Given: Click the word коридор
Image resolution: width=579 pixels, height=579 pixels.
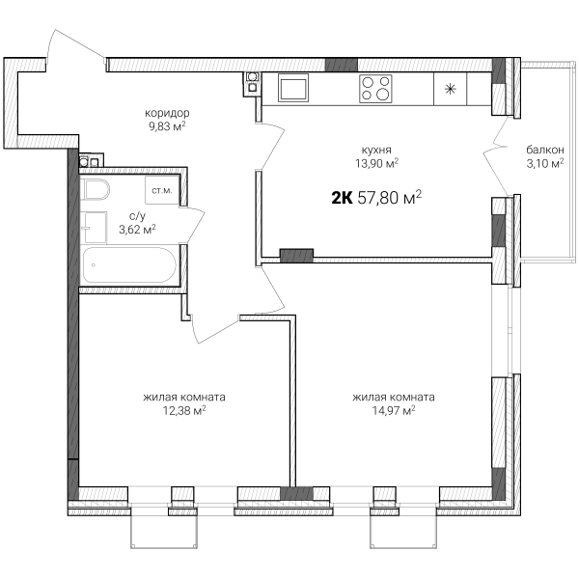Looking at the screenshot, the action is [167, 113].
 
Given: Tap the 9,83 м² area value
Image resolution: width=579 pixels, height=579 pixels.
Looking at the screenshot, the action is [167, 126].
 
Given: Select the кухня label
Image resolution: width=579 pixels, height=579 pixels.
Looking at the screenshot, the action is [376, 150].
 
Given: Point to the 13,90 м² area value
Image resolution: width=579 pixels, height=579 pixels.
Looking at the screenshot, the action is [376, 163].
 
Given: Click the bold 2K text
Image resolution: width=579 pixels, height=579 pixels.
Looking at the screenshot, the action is [342, 199].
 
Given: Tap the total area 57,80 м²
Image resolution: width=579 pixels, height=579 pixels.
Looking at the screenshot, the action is [390, 198].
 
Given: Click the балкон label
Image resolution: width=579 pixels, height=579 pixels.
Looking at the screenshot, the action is [545, 150].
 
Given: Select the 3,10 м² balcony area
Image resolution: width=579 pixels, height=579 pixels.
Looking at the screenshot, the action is [545, 163].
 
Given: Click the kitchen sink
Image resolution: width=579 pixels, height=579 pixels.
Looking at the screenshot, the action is [293, 88].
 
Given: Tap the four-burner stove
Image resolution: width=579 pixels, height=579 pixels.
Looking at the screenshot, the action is [375, 89].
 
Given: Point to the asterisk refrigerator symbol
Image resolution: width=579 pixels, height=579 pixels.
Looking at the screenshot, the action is [450, 89].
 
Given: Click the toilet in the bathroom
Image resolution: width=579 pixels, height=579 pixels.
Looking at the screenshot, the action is [95, 189].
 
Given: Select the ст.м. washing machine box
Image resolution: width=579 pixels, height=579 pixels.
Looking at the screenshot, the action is [162, 190].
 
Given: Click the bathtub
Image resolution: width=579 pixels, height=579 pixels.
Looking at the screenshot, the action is [129, 265].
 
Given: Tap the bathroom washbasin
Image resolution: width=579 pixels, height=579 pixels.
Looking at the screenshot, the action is [94, 228].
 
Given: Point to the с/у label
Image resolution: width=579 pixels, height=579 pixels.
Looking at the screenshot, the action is [137, 215].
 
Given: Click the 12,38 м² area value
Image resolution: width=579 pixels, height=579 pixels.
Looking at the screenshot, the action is [184, 410].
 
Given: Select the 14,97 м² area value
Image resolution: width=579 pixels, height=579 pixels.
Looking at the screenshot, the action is [394, 410].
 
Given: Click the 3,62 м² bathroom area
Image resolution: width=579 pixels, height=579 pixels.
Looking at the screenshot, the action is [137, 230].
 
